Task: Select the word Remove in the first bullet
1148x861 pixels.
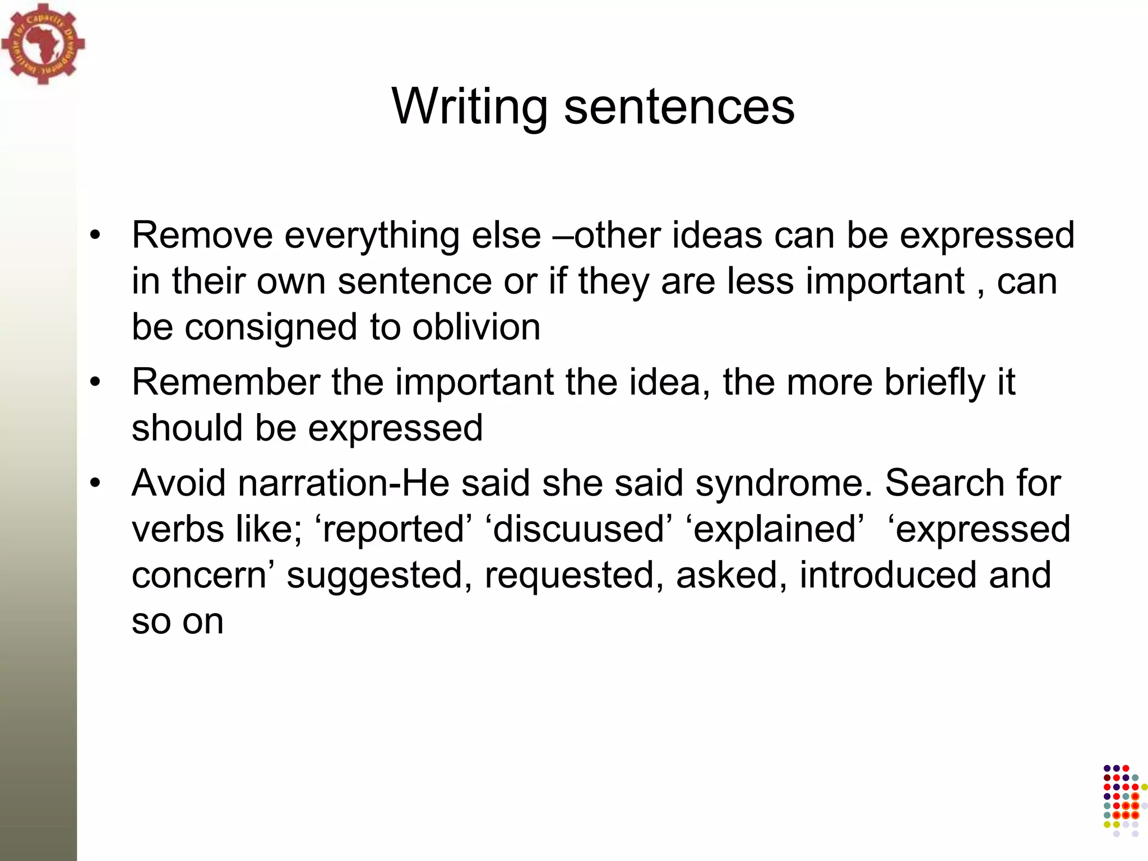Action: point(202,235)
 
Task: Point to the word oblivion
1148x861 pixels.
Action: point(476,327)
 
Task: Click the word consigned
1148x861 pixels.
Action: point(271,328)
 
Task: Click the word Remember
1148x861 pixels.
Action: point(225,382)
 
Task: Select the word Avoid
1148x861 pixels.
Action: point(179,483)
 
